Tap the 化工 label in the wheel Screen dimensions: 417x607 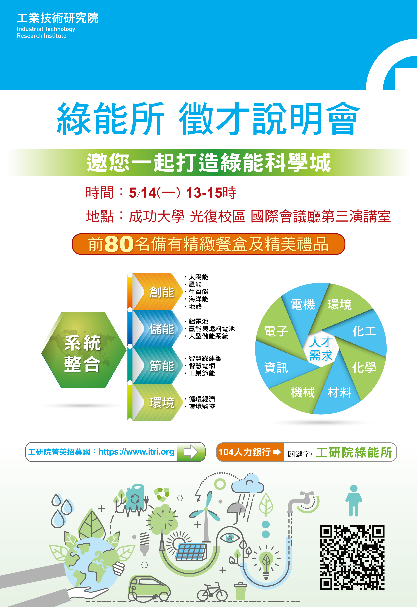[364, 331]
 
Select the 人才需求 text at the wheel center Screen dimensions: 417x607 [321, 348]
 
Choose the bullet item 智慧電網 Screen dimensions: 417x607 [202, 366]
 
